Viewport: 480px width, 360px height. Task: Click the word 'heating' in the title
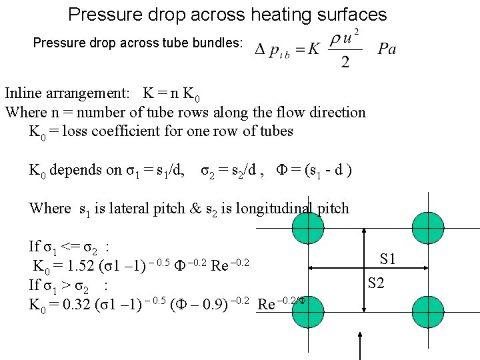[263, 14]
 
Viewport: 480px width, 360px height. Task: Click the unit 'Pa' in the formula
[387, 49]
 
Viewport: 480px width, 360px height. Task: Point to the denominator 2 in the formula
[345, 62]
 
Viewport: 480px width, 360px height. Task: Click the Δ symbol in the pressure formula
[261, 49]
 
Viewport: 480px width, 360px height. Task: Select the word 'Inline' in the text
[26, 93]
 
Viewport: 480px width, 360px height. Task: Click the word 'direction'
[334, 112]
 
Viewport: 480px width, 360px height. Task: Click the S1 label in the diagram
[387, 258]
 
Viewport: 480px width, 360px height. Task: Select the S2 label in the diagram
[376, 283]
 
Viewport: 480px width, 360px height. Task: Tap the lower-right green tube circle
[428, 310]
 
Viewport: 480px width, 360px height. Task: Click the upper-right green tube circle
[428, 227]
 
